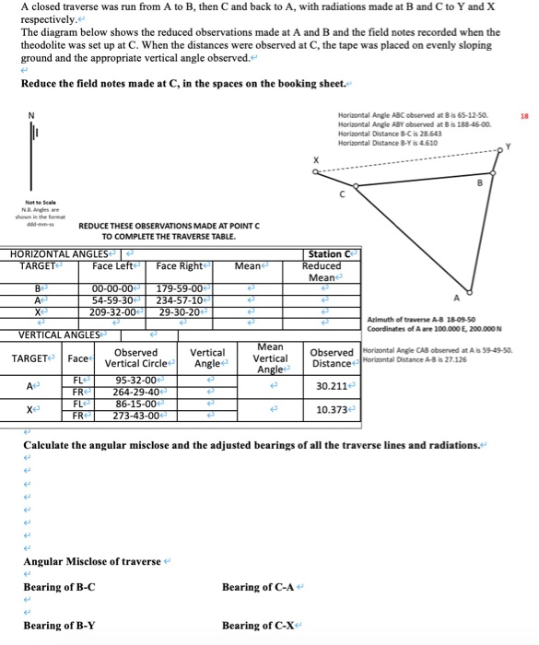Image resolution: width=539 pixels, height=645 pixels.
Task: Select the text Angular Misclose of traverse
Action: coord(91,561)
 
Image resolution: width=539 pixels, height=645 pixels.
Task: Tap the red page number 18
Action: coord(525,117)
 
